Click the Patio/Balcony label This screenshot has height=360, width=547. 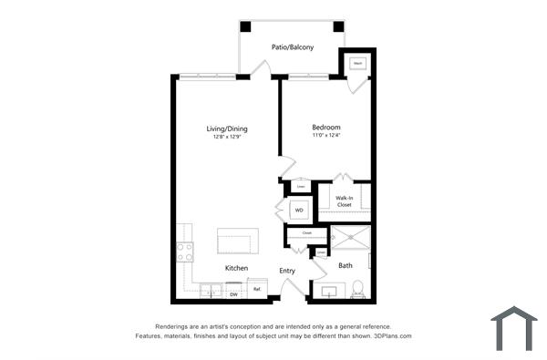[293, 46]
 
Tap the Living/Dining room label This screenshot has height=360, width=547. [226, 129]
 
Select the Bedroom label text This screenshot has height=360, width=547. [325, 127]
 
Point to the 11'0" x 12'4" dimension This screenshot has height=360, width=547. [325, 136]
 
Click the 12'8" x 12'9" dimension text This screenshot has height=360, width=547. [226, 138]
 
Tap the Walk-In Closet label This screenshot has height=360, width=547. [344, 201]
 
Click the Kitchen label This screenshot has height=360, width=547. [237, 268]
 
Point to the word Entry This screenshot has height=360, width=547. [287, 270]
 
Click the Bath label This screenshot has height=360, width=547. [346, 266]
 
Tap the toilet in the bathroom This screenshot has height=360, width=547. [358, 288]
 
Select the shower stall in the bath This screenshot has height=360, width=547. [348, 239]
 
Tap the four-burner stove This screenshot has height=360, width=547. [185, 251]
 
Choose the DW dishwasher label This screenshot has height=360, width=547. [233, 294]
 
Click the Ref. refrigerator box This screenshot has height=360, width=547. [257, 291]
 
